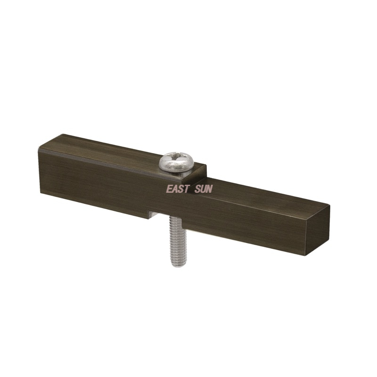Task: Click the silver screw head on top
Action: [176, 163]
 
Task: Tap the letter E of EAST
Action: [170, 189]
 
